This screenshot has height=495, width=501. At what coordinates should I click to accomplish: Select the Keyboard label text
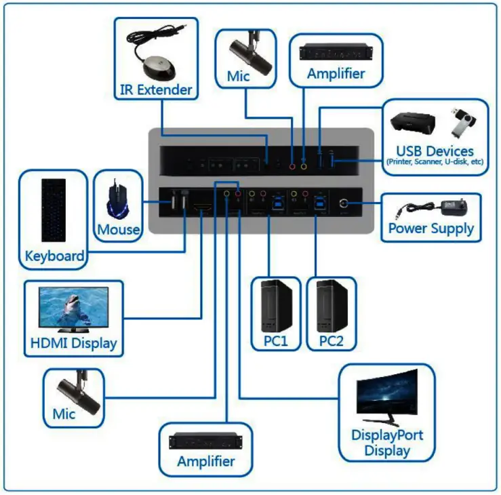pyautogui.click(x=54, y=256)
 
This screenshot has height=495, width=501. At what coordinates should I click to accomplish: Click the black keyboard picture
pyautogui.click(x=54, y=210)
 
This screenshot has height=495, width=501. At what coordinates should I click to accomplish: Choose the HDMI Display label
pyautogui.click(x=74, y=343)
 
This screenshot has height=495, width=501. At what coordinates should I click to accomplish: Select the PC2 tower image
pyautogui.click(x=332, y=305)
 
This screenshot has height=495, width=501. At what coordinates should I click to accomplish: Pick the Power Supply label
pyautogui.click(x=430, y=229)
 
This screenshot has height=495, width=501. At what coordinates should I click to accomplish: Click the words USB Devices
pyautogui.click(x=436, y=151)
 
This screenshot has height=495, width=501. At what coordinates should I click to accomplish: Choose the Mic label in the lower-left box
pyautogui.click(x=64, y=414)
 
